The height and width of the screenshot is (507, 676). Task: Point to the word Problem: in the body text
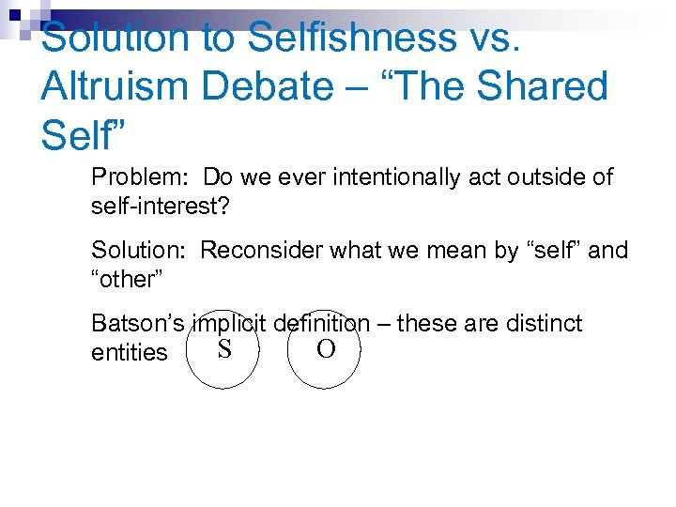141,177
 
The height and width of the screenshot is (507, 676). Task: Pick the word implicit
229,324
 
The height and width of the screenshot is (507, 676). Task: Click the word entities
130,353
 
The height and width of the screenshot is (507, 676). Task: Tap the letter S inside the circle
224,350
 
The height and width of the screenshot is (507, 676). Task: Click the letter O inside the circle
325,350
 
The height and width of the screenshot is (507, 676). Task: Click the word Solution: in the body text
142,250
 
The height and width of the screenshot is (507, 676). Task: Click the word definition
322,324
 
